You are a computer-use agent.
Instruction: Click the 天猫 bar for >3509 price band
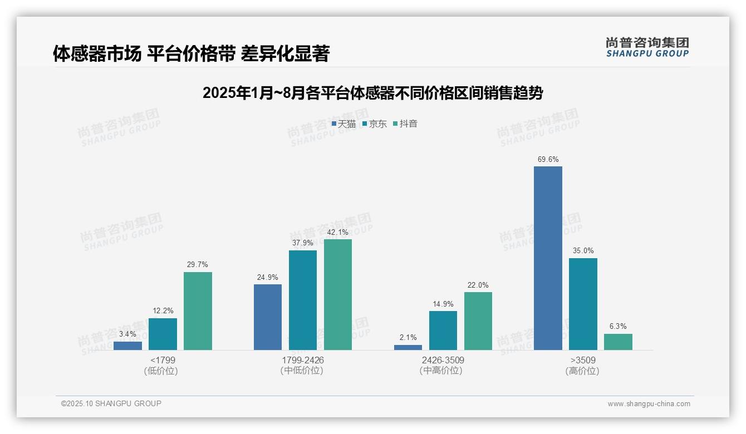click(x=548, y=258)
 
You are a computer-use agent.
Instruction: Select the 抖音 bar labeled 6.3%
click(x=618, y=342)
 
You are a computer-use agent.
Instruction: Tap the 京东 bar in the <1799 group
click(x=163, y=334)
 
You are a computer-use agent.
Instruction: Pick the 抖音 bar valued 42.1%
click(x=338, y=294)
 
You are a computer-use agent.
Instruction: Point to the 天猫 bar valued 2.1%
click(x=408, y=347)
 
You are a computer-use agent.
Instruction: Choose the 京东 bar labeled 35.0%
click(x=583, y=304)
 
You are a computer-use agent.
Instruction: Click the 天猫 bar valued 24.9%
click(x=268, y=317)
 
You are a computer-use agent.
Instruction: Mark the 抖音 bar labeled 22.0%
click(x=478, y=321)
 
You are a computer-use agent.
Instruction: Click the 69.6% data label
click(x=548, y=160)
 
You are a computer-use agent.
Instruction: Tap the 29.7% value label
click(x=198, y=265)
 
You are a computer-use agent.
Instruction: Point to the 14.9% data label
click(x=443, y=304)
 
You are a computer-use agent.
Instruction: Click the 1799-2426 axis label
click(x=302, y=360)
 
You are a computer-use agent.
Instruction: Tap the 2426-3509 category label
click(x=443, y=360)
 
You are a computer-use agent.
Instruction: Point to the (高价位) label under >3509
click(x=582, y=371)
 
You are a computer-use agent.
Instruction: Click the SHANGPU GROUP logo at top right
click(x=647, y=47)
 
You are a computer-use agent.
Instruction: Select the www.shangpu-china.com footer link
click(x=649, y=404)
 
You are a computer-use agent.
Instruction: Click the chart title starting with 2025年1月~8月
click(x=372, y=93)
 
